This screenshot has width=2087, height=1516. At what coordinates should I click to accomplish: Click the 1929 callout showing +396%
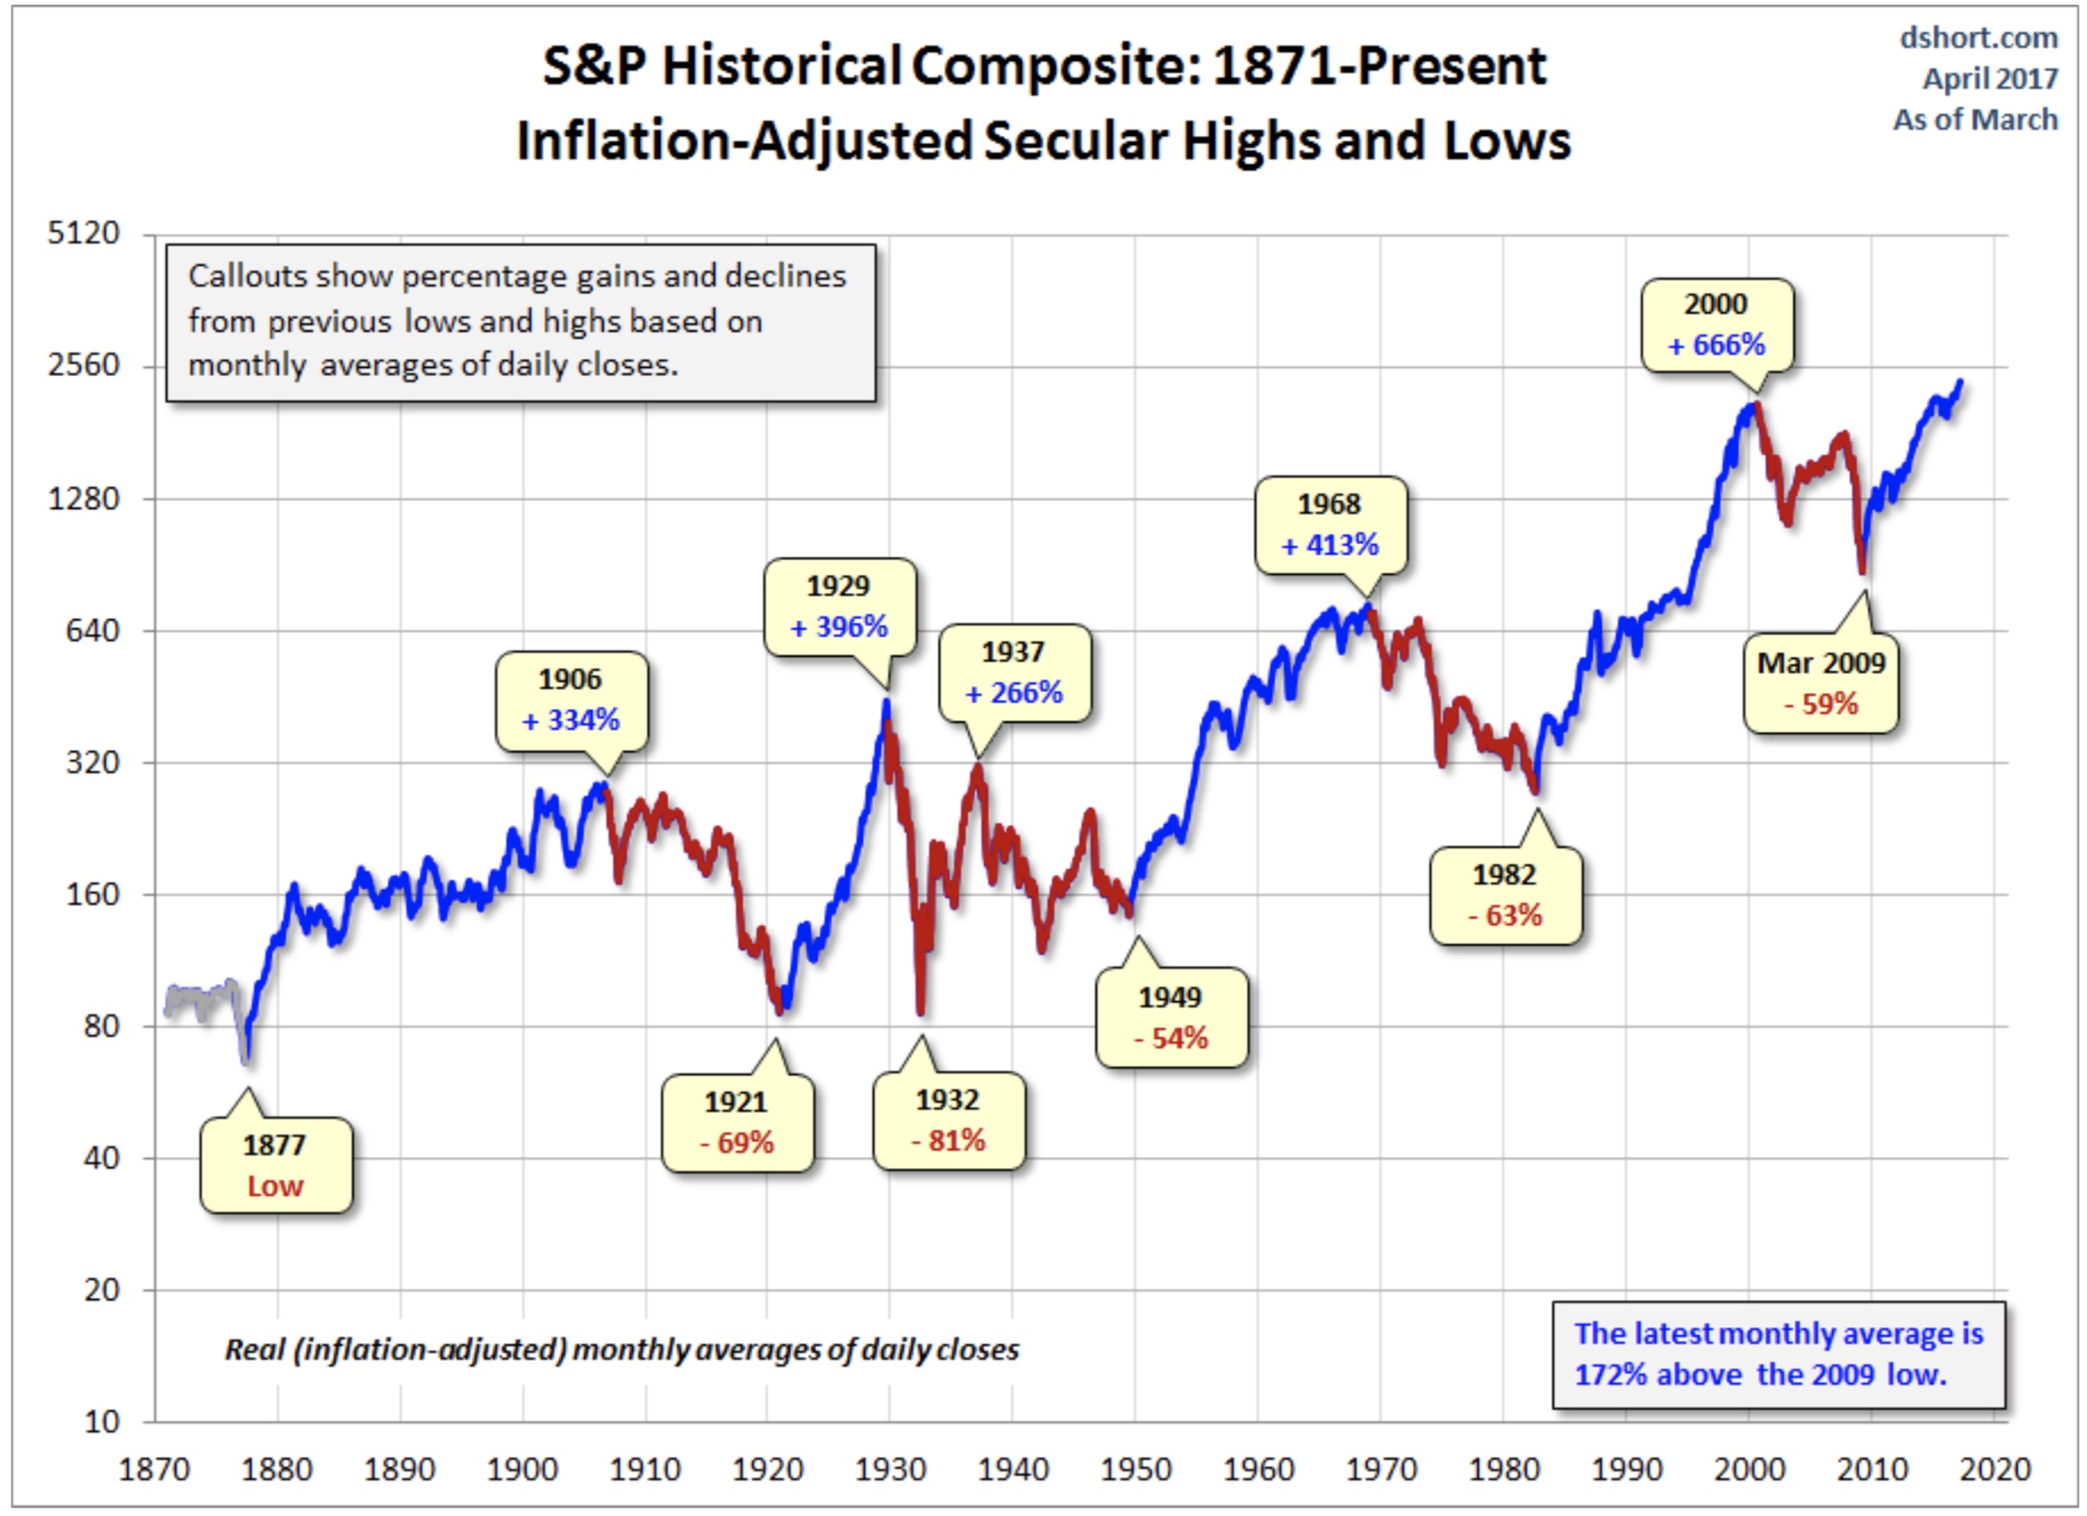pos(839,607)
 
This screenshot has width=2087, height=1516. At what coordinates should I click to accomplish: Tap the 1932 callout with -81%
pos(948,1120)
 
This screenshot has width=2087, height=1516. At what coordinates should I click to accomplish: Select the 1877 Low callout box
pos(276,1165)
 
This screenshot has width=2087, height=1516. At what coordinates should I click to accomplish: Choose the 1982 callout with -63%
pos(1505,895)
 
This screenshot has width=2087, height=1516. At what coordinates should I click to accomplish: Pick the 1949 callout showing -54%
pos(1171,1018)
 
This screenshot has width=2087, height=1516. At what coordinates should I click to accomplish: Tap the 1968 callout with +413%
pos(1330,525)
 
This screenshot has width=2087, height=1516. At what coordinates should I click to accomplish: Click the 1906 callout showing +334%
pos(571,700)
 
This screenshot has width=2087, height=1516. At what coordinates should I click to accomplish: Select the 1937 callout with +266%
pos(1013,672)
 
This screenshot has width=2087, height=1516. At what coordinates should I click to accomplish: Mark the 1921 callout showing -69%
pos(737,1123)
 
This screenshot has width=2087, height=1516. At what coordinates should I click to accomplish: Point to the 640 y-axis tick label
pos(92,631)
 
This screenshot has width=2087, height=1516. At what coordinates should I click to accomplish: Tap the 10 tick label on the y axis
pos(101,1422)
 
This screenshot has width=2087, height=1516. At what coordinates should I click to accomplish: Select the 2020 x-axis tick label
pos(1994,1470)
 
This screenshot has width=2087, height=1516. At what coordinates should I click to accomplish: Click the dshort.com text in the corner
pos(1978,38)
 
